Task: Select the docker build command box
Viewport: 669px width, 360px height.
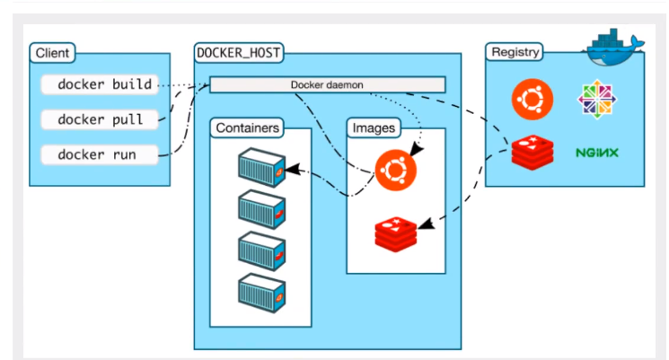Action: point(100,84)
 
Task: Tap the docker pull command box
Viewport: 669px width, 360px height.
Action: point(100,119)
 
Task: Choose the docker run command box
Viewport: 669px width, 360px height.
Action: point(100,154)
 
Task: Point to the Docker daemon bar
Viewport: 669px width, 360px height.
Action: point(328,84)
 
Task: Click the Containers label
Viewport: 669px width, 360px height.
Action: point(248,128)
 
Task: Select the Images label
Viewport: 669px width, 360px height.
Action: point(374,128)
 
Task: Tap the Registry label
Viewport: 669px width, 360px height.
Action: point(515,52)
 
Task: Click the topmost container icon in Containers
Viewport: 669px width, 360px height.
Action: point(261,168)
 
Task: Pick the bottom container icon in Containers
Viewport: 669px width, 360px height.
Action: point(261,293)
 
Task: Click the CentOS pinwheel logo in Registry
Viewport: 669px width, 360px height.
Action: point(597,99)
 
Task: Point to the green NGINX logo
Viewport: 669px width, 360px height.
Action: point(597,153)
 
